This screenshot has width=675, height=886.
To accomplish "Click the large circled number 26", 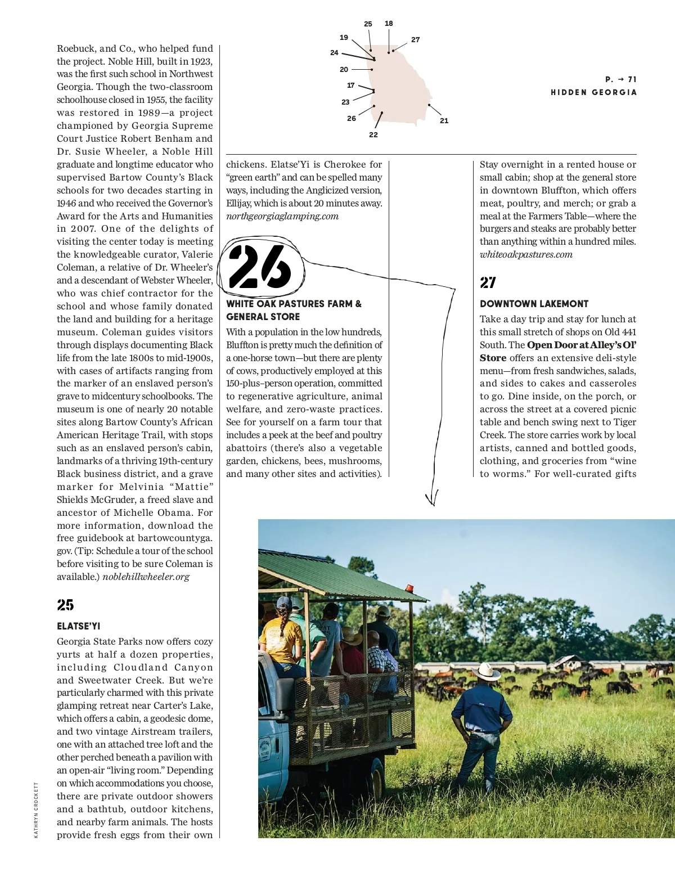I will click(260, 267).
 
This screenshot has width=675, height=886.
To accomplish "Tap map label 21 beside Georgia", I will click(444, 120).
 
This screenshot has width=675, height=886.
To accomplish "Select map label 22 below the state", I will click(373, 135).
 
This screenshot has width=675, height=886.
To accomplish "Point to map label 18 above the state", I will click(389, 24).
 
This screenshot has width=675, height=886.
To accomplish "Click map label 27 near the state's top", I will click(415, 40).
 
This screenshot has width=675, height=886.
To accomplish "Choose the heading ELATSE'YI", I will click(78, 626).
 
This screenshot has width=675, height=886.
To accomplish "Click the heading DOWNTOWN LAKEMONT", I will click(534, 304).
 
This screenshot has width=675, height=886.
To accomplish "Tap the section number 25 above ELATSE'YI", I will click(65, 605).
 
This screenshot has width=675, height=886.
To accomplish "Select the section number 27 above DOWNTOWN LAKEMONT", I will click(488, 282).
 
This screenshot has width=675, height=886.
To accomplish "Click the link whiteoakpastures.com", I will click(526, 255).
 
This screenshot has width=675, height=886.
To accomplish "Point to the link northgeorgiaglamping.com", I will click(282, 217).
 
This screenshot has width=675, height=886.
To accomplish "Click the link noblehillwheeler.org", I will click(146, 577).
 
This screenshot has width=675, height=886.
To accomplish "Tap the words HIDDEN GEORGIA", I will click(593, 92).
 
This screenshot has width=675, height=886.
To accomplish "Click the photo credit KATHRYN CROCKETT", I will click(36, 810).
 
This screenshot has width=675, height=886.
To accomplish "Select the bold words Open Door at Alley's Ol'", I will click(581, 345).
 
